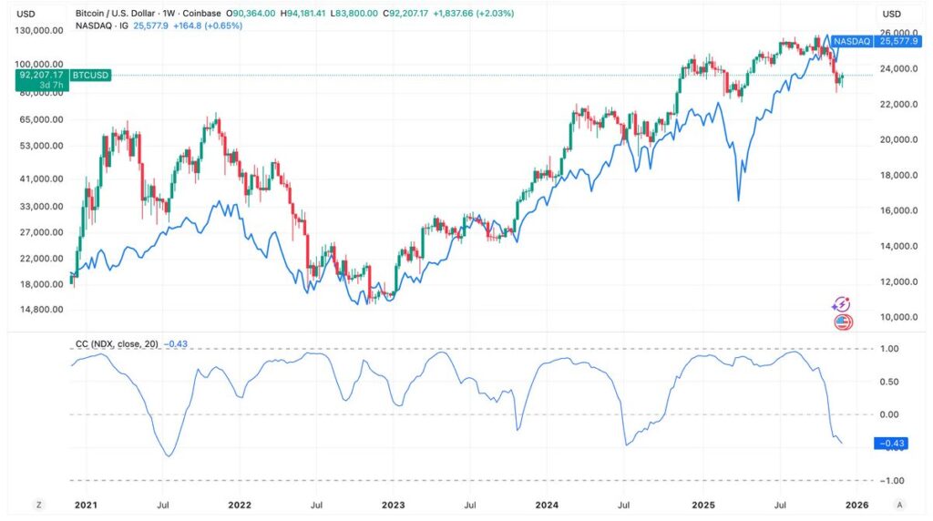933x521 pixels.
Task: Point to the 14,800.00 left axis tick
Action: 46,310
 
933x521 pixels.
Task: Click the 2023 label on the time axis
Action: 393,504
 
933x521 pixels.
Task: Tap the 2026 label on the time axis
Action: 856,504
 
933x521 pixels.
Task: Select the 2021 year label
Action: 85,504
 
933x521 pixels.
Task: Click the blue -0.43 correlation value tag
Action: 890,444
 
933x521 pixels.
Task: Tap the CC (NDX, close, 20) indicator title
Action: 117,343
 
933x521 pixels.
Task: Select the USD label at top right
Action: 891,14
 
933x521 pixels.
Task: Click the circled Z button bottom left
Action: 38,504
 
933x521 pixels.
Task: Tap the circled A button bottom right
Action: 900,504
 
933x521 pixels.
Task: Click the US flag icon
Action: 843,322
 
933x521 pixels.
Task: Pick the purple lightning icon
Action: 843,304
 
